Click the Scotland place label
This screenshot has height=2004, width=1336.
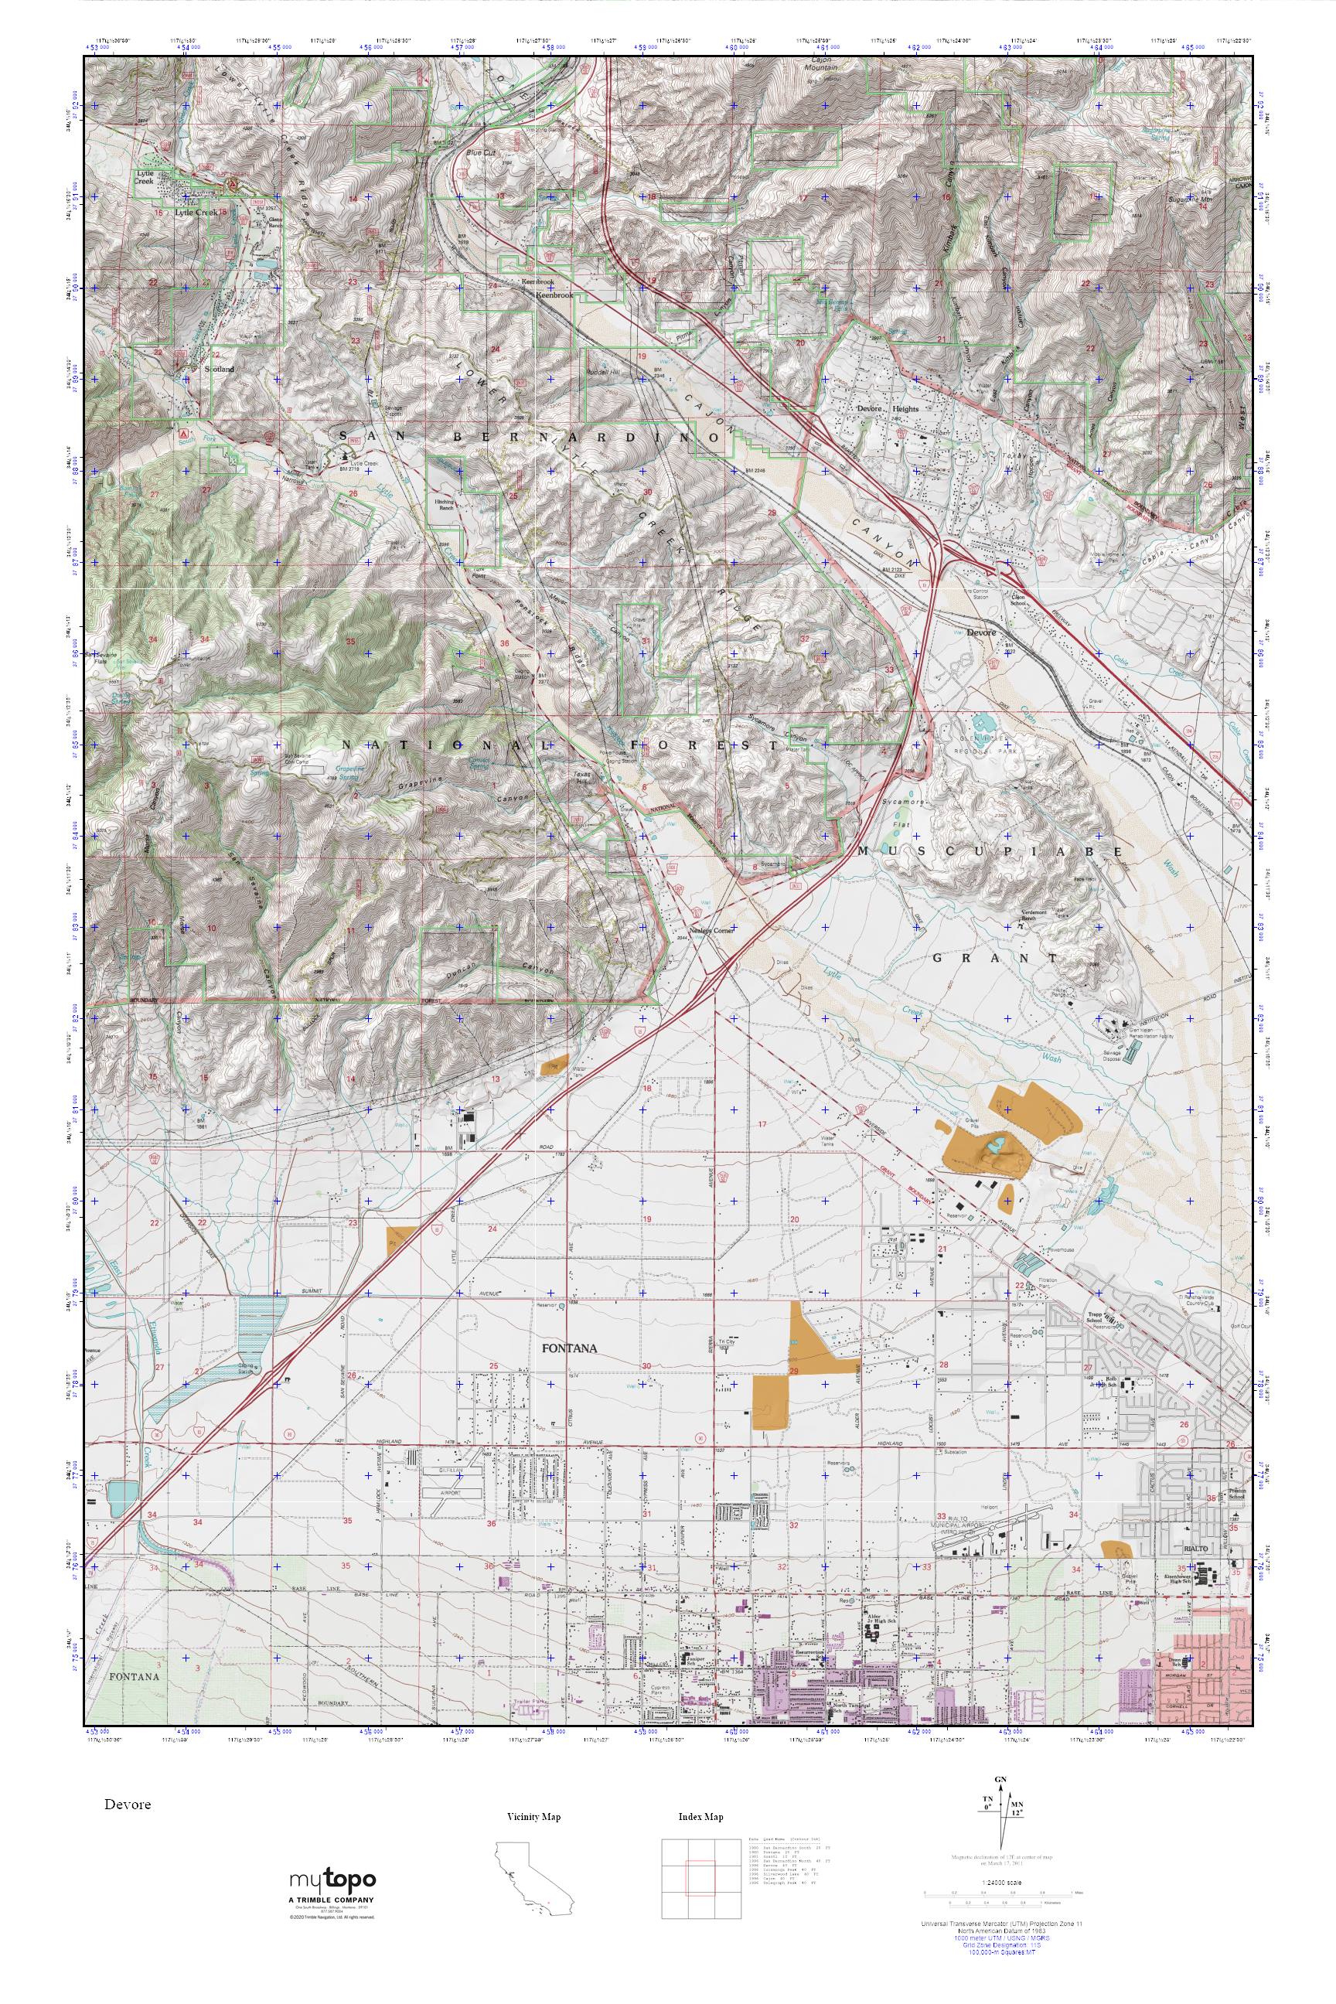click(x=219, y=370)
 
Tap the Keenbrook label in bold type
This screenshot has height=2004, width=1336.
click(x=554, y=295)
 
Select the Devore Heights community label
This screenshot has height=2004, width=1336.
click(x=887, y=408)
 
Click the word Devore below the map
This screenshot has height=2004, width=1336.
click(x=128, y=1805)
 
